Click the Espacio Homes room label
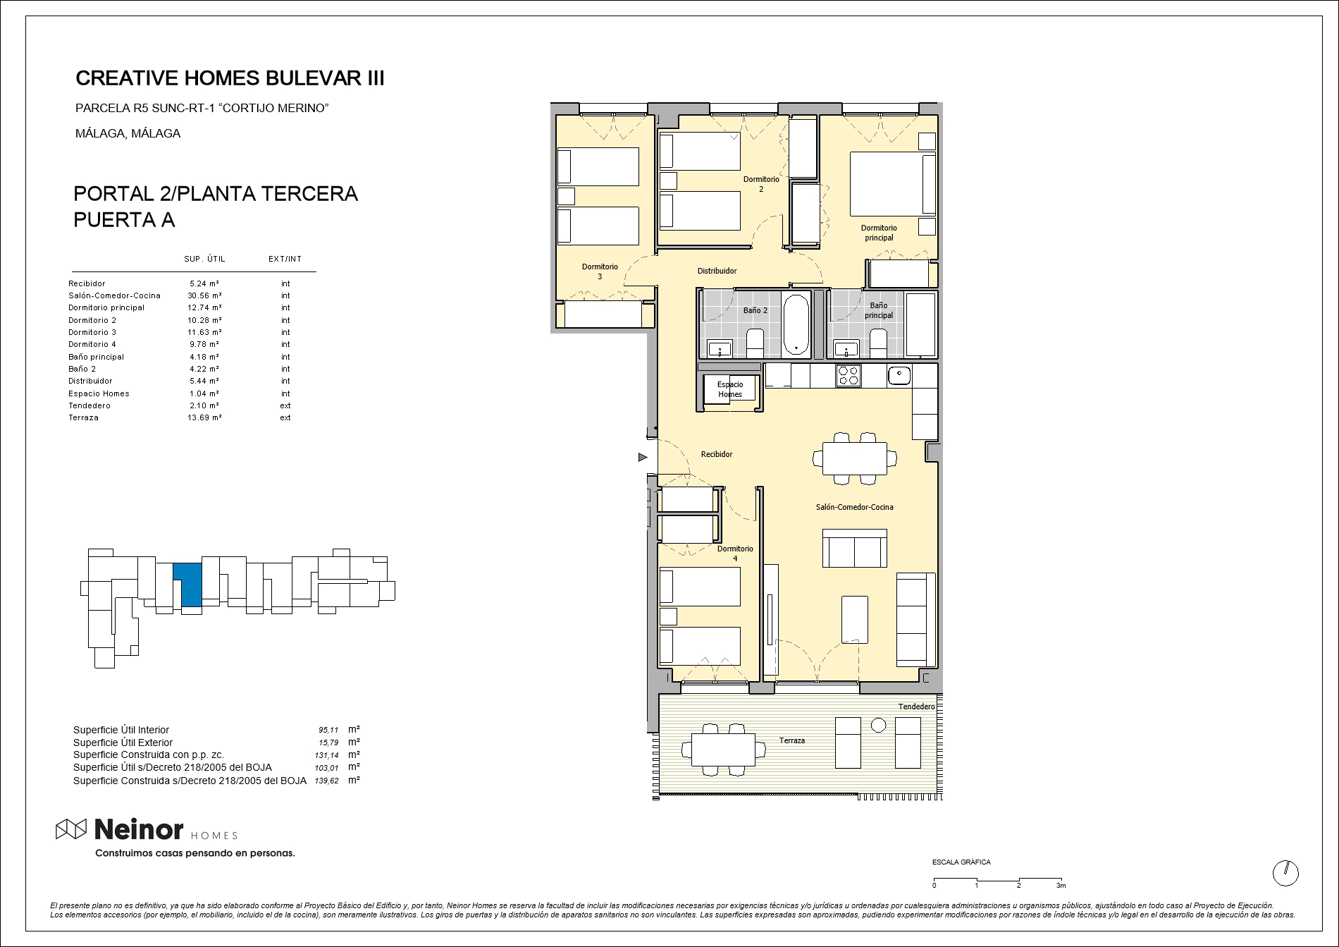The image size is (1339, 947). [730, 389]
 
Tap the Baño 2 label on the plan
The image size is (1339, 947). [755, 310]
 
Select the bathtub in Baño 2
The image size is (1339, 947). [797, 325]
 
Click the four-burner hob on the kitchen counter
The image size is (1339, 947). [849, 375]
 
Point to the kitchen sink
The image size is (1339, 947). [899, 375]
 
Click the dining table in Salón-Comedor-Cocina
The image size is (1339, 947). [855, 458]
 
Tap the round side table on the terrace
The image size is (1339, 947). [878, 724]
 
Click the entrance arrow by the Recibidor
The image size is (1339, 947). [643, 458]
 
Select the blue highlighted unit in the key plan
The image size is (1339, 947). [187, 585]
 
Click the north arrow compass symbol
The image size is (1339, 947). [1285, 873]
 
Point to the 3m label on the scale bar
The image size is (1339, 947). [1061, 886]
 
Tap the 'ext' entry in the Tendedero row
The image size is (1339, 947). [285, 405]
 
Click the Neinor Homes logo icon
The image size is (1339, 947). [71, 830]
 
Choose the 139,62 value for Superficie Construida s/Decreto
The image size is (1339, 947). [327, 781]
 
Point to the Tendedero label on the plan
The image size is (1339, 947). [916, 707]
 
